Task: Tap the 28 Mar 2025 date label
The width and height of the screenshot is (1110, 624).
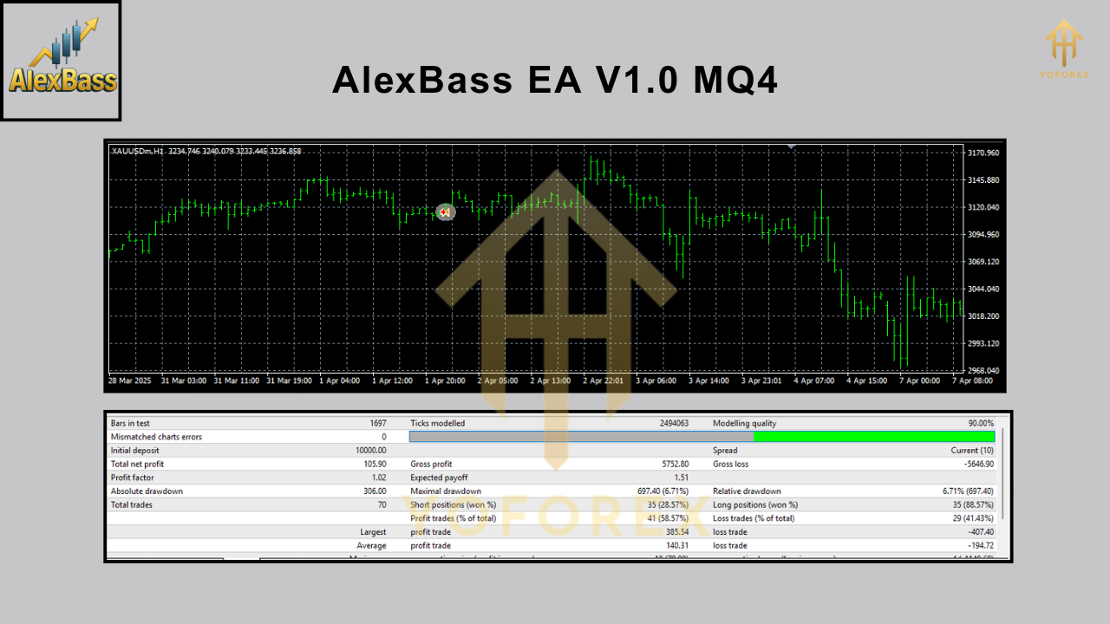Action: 130,380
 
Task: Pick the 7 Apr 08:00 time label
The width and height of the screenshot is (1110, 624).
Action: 972,380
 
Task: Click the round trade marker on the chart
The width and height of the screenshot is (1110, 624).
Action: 446,211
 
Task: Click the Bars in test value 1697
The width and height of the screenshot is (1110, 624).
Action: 377,424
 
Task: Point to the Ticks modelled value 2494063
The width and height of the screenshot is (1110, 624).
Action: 674,424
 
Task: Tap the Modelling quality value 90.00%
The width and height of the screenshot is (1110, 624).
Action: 981,424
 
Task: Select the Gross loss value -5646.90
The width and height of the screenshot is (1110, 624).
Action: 974,465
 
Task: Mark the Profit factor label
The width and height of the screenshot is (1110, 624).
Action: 133,478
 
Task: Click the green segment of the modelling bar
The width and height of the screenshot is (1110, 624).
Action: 874,437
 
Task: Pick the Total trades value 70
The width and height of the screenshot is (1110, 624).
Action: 382,504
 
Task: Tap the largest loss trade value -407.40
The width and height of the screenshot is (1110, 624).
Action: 976,532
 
